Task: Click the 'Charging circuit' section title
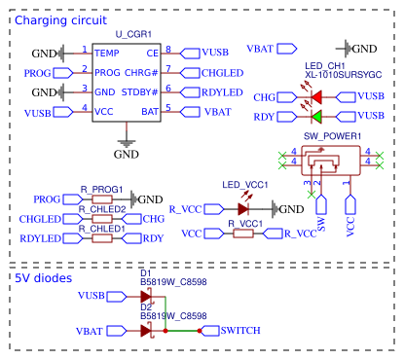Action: (61, 19)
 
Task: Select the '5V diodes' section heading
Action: (43, 277)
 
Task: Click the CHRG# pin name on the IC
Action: (143, 71)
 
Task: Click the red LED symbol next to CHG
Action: (317, 97)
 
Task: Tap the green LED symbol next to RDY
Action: (317, 117)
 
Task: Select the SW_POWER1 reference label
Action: (333, 136)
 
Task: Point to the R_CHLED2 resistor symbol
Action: (103, 219)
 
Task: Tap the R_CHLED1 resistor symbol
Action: (103, 238)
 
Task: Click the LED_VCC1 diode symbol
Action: (243, 208)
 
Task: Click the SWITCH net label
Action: (240, 331)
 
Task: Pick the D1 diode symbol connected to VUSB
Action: (147, 296)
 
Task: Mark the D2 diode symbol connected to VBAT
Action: (147, 331)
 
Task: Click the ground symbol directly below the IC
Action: (127, 143)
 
